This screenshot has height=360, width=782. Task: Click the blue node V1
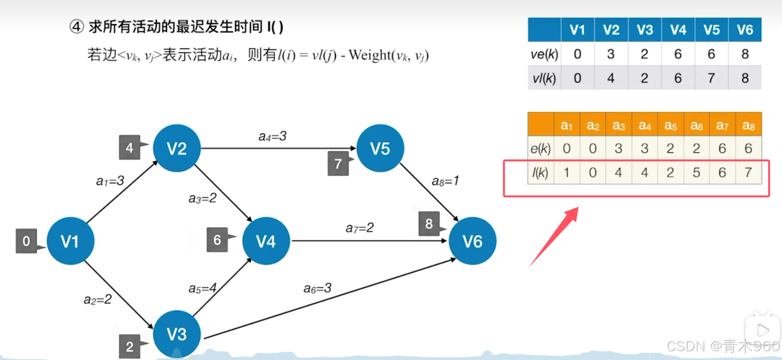coord(71,241)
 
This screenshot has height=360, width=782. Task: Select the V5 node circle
coord(380,148)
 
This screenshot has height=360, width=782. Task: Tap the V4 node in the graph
coord(266,241)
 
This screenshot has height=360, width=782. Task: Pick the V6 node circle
coord(472,241)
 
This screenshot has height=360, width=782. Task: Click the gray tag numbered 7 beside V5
coord(338,163)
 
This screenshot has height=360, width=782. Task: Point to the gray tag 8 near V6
coord(429,224)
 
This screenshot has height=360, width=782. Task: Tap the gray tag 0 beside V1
coord(26,241)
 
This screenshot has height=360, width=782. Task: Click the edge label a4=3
coord(272,136)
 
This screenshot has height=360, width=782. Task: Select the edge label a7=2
coord(359,228)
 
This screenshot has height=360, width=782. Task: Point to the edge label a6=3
coord(317,289)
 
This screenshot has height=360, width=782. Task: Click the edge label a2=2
coord(97,299)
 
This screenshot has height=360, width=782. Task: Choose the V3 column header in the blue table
coord(645,30)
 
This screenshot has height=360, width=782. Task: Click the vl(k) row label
coord(544,78)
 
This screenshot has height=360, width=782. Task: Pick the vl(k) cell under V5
coord(711,78)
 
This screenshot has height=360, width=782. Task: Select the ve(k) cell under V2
coord(611,54)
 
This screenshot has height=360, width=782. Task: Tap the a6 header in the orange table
coord(696,125)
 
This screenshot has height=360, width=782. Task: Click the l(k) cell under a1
coord(566,173)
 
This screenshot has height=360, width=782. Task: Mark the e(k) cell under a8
coord(748,148)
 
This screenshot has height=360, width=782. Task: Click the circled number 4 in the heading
coord(77,27)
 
